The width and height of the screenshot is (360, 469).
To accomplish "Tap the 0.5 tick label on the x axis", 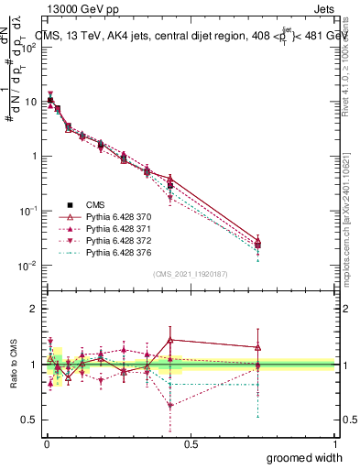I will [191, 443].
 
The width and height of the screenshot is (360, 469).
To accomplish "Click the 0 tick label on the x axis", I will [46, 443].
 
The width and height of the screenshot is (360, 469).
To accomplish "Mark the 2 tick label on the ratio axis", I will [34, 309].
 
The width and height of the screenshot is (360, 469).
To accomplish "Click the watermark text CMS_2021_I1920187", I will [190, 273].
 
